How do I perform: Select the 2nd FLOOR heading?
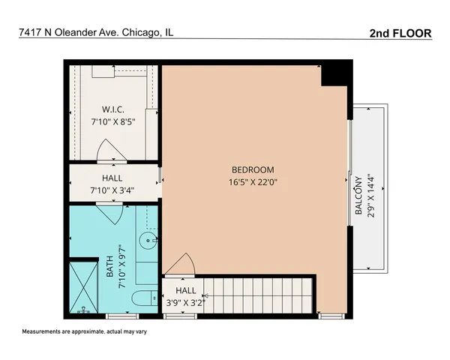pyautogui.click(x=400, y=33)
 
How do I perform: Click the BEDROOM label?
pyautogui.click(x=253, y=169)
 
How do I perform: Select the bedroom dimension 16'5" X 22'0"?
pyautogui.click(x=253, y=181)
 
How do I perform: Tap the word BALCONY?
pyautogui.click(x=358, y=196)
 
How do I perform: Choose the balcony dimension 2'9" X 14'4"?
pyautogui.click(x=370, y=196)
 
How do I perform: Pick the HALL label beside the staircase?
pyautogui.click(x=186, y=290)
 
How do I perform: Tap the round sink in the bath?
pyautogui.click(x=148, y=242)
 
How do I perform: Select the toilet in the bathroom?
pyautogui.click(x=144, y=299)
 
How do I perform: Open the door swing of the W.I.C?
pyautogui.click(x=112, y=154)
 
